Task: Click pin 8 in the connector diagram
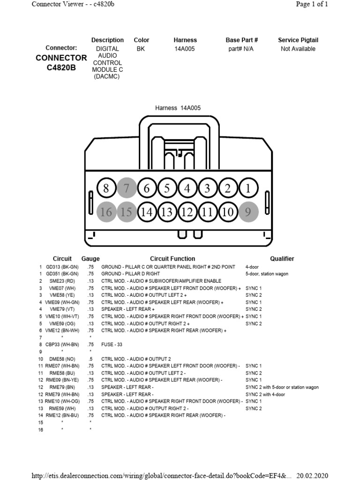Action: coord(106,189)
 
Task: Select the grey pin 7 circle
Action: coord(127,189)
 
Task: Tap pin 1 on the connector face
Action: coord(248,189)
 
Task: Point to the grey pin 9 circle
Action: coord(248,212)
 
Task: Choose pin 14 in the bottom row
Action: coord(147,212)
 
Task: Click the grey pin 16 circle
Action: coord(106,212)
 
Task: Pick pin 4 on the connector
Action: coord(187,189)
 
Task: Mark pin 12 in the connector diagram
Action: coord(187,212)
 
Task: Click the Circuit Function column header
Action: coord(172,259)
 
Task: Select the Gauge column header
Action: coord(90,259)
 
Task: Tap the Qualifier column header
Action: coord(282,259)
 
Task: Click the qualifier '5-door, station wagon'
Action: coord(267,274)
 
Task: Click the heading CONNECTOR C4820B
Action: coord(61,62)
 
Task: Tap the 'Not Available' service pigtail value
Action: coord(298,49)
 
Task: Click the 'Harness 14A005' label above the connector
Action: coord(178,108)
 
